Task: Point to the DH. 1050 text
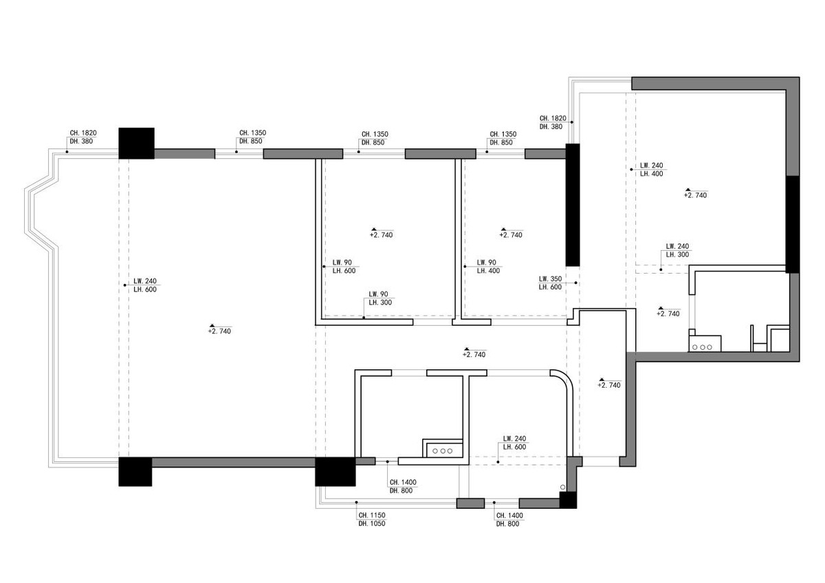372,524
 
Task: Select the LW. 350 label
550,279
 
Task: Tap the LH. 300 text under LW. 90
380,302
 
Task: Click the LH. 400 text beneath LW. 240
651,174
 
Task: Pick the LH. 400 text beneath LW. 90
488,271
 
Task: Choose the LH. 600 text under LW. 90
344,271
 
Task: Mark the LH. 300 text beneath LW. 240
677,254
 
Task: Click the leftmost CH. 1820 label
83,133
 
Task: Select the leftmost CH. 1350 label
253,133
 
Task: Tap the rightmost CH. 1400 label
509,516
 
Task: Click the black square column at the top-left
136,143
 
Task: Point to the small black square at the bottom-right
568,500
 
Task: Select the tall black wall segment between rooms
573,205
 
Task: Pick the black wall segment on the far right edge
793,224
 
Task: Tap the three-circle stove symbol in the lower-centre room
443,451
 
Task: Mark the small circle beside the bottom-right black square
563,487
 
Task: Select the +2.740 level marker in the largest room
219,329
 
